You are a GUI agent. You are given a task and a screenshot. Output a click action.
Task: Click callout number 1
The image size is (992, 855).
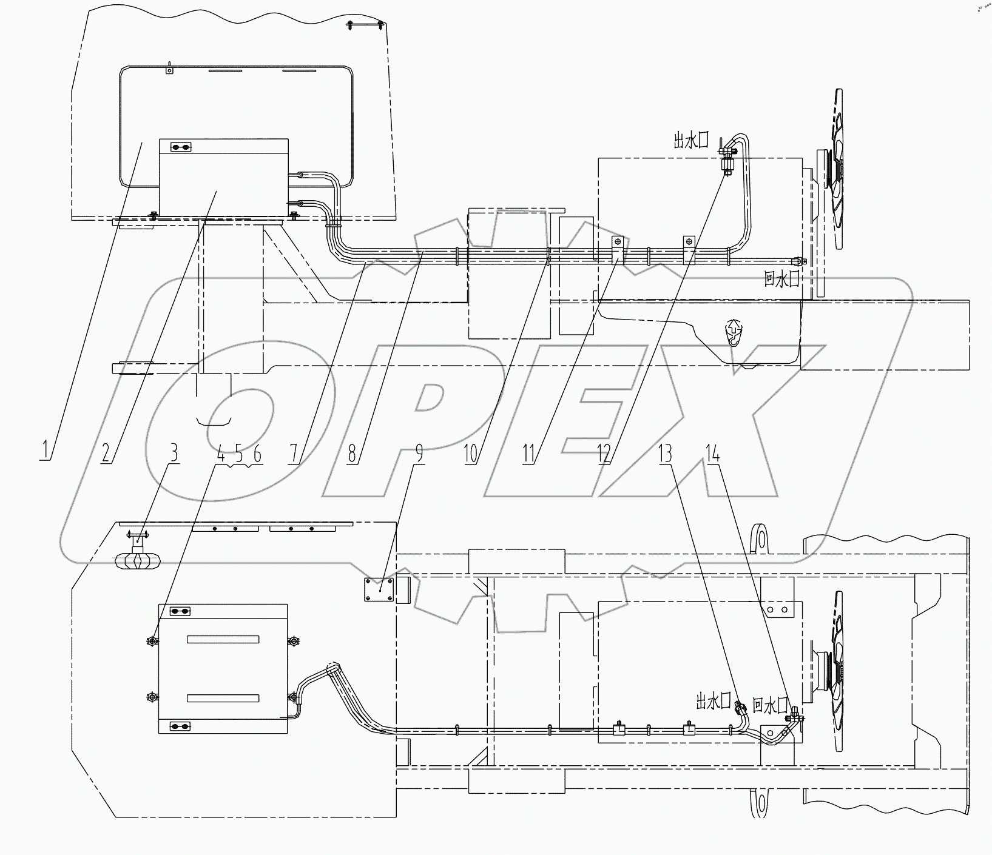pos(46,453)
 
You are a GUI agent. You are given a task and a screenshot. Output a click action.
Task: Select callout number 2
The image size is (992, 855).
pos(107,453)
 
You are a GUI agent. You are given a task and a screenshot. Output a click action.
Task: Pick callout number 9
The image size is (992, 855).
pos(417,453)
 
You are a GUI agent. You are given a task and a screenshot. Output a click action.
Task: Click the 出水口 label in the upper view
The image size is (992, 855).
pos(691,141)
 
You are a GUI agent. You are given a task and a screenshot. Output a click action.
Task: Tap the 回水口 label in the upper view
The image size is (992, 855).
pos(781,279)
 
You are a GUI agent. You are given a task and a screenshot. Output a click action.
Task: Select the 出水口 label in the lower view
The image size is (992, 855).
pos(714,702)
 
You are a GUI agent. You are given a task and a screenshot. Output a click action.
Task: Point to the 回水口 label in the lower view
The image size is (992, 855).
pos(769,705)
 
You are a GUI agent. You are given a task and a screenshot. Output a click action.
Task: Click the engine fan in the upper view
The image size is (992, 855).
pos(835,169)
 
